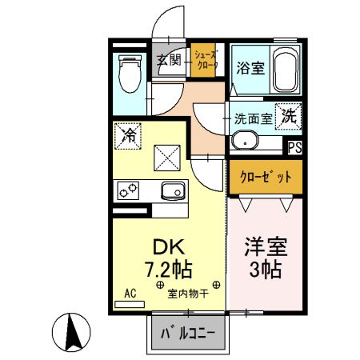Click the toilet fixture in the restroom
point(128,74)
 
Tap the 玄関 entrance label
point(168,59)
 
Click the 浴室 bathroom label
point(247,69)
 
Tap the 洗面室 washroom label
point(252,118)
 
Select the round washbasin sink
point(242,143)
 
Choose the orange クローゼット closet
point(266,176)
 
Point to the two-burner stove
point(128,190)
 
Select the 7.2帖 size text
point(165,268)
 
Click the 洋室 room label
point(266,246)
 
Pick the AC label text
point(130,293)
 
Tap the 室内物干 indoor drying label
point(188,294)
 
